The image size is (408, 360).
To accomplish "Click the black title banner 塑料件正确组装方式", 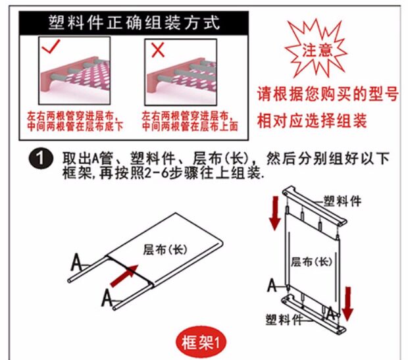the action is (x=134, y=22).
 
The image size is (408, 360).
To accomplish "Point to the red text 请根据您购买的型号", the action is (x=328, y=94).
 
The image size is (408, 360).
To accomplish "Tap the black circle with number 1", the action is (x=41, y=160).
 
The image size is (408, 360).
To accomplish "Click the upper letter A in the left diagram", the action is (x=77, y=263).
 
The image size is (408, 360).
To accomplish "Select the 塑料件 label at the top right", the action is (x=342, y=201).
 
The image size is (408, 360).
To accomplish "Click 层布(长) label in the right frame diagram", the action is (x=311, y=261).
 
